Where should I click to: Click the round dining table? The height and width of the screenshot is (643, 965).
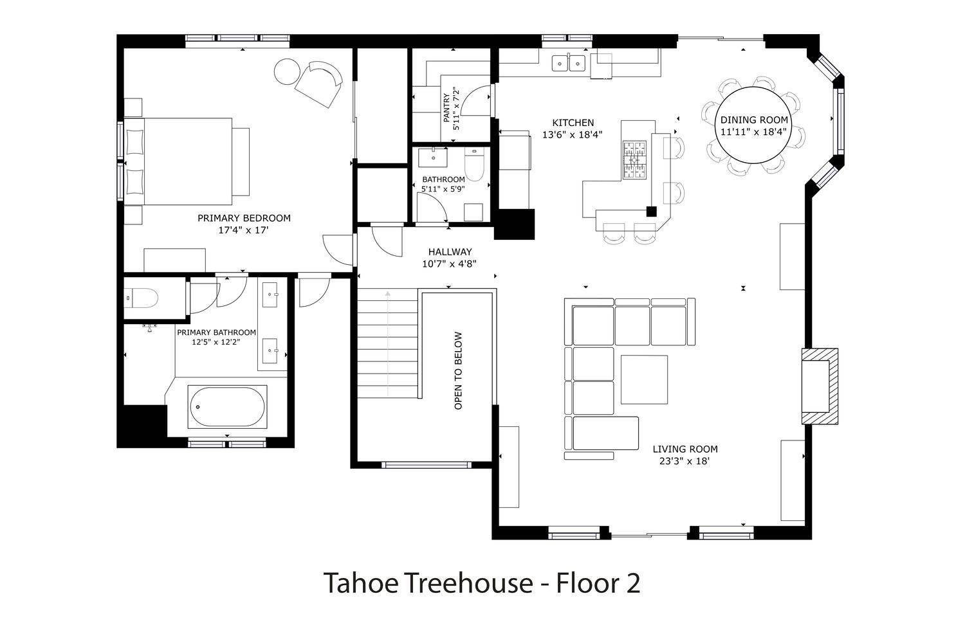(753, 125)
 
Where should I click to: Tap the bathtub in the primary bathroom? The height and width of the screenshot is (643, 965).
(228, 406)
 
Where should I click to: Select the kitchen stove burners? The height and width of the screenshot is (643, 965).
(634, 159)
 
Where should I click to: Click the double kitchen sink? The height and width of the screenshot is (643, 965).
(569, 63)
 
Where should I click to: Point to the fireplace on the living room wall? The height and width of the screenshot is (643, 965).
(820, 386)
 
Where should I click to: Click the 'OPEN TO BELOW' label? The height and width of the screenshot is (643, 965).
(458, 370)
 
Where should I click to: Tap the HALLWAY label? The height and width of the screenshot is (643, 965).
(450, 251)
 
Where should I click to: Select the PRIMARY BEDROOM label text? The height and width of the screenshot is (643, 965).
(244, 218)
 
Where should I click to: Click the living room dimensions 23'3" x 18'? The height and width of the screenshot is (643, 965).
(685, 461)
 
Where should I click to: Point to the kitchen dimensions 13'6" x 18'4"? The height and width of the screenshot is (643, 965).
(572, 134)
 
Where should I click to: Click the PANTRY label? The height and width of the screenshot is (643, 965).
(446, 107)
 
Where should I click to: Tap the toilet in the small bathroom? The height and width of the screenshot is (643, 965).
(474, 165)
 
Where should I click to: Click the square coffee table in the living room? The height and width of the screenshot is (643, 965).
(644, 379)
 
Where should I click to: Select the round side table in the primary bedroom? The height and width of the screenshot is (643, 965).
(287, 71)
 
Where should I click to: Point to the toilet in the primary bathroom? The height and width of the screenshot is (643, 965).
(142, 298)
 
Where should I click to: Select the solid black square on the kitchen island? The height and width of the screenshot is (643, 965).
(651, 212)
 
